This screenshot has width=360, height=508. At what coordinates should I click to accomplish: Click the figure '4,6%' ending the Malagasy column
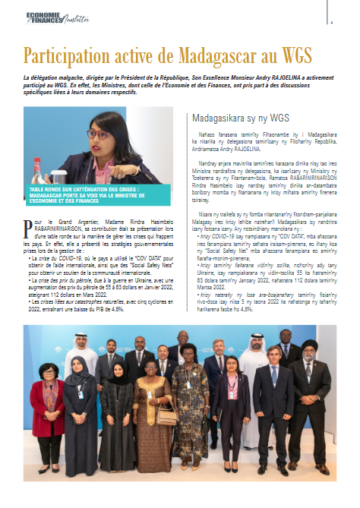point(292,309)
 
